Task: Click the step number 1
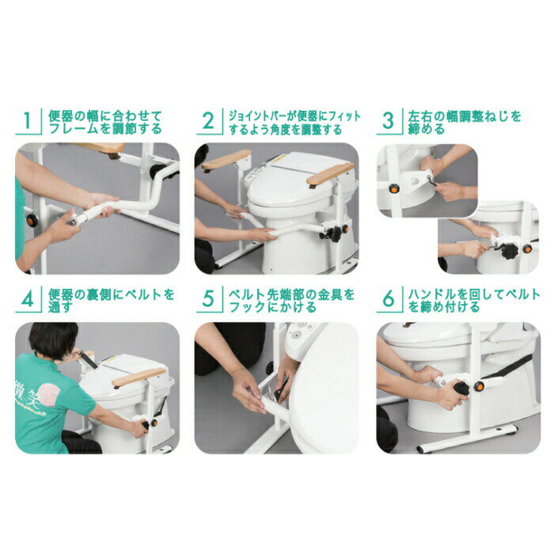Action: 28,121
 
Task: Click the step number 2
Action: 208,121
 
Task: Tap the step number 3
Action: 389,121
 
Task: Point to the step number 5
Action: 208,299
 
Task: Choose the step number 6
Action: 389,299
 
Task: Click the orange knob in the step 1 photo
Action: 32,221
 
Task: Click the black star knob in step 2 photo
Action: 334,233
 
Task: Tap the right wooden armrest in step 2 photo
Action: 330,174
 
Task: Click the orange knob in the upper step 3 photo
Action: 393,188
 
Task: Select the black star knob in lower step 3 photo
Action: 509,251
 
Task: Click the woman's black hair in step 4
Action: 53,340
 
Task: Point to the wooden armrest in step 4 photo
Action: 138,377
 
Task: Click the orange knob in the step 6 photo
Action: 479,386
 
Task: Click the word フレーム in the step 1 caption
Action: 74,128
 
